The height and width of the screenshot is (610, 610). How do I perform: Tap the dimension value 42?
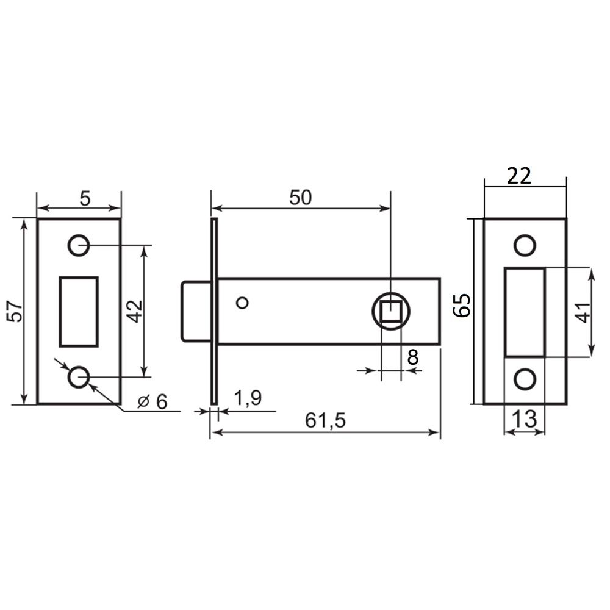pos(136,311)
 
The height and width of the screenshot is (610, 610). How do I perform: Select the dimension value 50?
pos(300,198)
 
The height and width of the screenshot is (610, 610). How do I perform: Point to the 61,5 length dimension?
pos(325,420)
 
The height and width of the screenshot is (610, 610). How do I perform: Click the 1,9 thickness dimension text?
pos(248,398)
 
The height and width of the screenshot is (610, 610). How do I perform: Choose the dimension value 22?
pos(519,176)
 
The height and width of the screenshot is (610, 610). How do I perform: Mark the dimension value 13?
pos(525,419)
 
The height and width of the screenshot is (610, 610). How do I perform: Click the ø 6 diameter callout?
pos(152,401)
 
